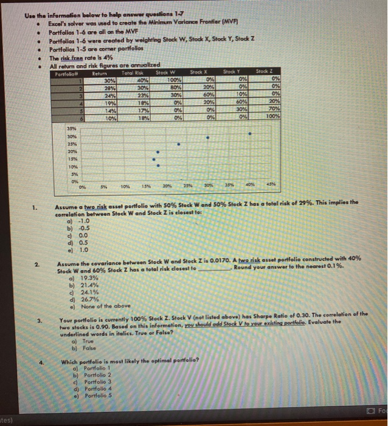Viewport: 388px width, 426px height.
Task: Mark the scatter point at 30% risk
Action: pyautogui.click(x=178, y=145)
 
